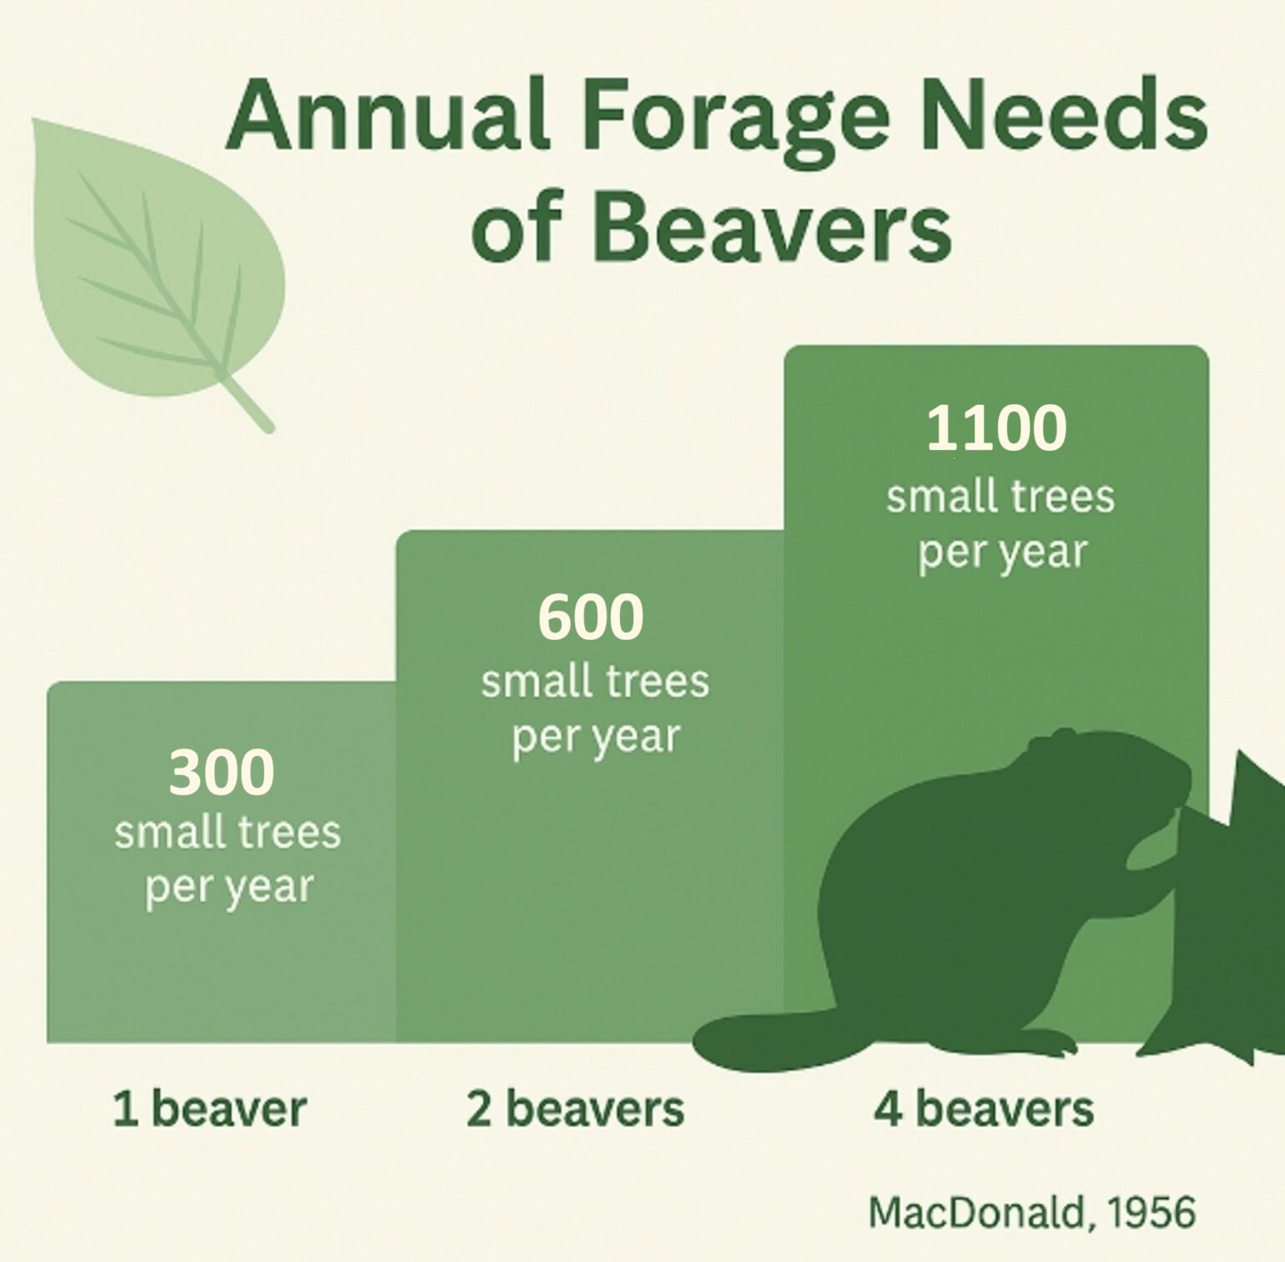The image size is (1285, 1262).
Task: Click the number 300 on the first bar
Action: (222, 772)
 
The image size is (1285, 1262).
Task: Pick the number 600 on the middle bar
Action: (591, 617)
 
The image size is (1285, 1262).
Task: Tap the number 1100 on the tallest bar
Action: (996, 427)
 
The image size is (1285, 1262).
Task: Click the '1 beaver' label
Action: (210, 1110)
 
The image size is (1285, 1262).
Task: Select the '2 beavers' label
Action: (576, 1110)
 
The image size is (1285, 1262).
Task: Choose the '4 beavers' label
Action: (984, 1110)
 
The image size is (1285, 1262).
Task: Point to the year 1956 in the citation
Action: (1153, 1212)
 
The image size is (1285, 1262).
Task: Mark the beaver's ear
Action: (1062, 736)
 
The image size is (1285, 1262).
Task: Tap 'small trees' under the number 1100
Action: (1001, 497)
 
